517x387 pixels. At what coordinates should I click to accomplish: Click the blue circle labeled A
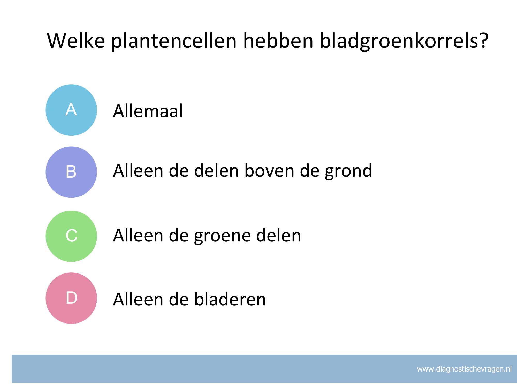tap(71, 110)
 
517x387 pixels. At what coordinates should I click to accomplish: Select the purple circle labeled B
tap(71, 172)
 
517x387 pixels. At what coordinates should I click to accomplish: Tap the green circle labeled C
tap(71, 236)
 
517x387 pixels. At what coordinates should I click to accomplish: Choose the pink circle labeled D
tap(71, 298)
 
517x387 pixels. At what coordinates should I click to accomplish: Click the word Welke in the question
tap(76, 41)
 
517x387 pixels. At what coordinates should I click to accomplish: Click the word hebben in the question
tap(278, 41)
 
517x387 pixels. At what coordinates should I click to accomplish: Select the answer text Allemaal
tap(148, 111)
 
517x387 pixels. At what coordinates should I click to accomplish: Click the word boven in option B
tap(269, 171)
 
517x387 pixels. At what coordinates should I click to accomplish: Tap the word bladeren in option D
tap(230, 299)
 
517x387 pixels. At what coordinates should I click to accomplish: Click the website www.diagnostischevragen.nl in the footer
tap(464, 369)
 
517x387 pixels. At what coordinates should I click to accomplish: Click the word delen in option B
tap(216, 171)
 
